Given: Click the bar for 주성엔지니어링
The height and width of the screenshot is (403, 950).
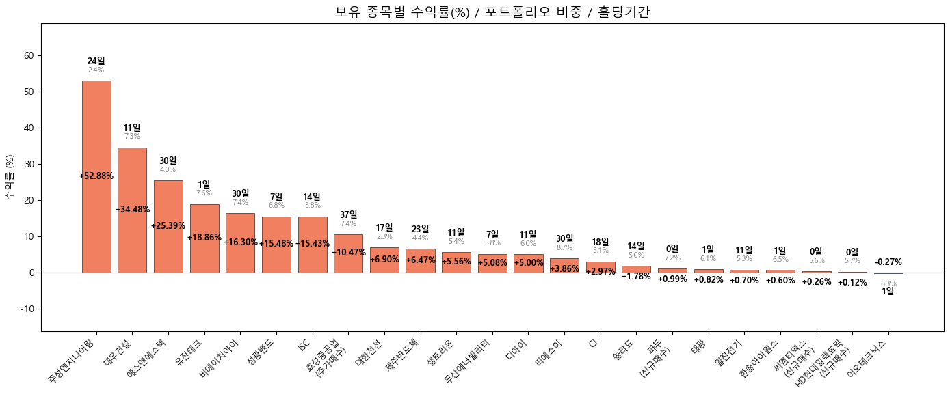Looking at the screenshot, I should pyautogui.click(x=96, y=137).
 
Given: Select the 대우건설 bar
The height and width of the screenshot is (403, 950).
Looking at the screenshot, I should pyautogui.click(x=132, y=178).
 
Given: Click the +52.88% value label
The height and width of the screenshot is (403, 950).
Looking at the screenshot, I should pyautogui.click(x=96, y=176).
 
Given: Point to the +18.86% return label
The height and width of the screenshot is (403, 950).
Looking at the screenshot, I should pyautogui.click(x=204, y=238).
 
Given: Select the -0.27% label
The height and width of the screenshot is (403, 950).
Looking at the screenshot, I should pyautogui.click(x=888, y=262).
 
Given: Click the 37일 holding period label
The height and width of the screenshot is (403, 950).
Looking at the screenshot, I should pyautogui.click(x=348, y=214).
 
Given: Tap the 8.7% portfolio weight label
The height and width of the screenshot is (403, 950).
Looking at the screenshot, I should pyautogui.click(x=564, y=248).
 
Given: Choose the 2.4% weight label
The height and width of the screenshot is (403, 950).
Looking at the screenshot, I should pyautogui.click(x=96, y=70).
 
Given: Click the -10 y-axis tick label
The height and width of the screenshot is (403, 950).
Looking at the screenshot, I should pyautogui.click(x=28, y=309).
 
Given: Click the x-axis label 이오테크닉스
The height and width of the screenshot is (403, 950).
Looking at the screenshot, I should pyautogui.click(x=867, y=359).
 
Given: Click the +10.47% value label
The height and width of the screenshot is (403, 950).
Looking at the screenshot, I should pyautogui.click(x=348, y=253).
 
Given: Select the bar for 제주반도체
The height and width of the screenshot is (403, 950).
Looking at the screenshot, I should pyautogui.click(x=420, y=261).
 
